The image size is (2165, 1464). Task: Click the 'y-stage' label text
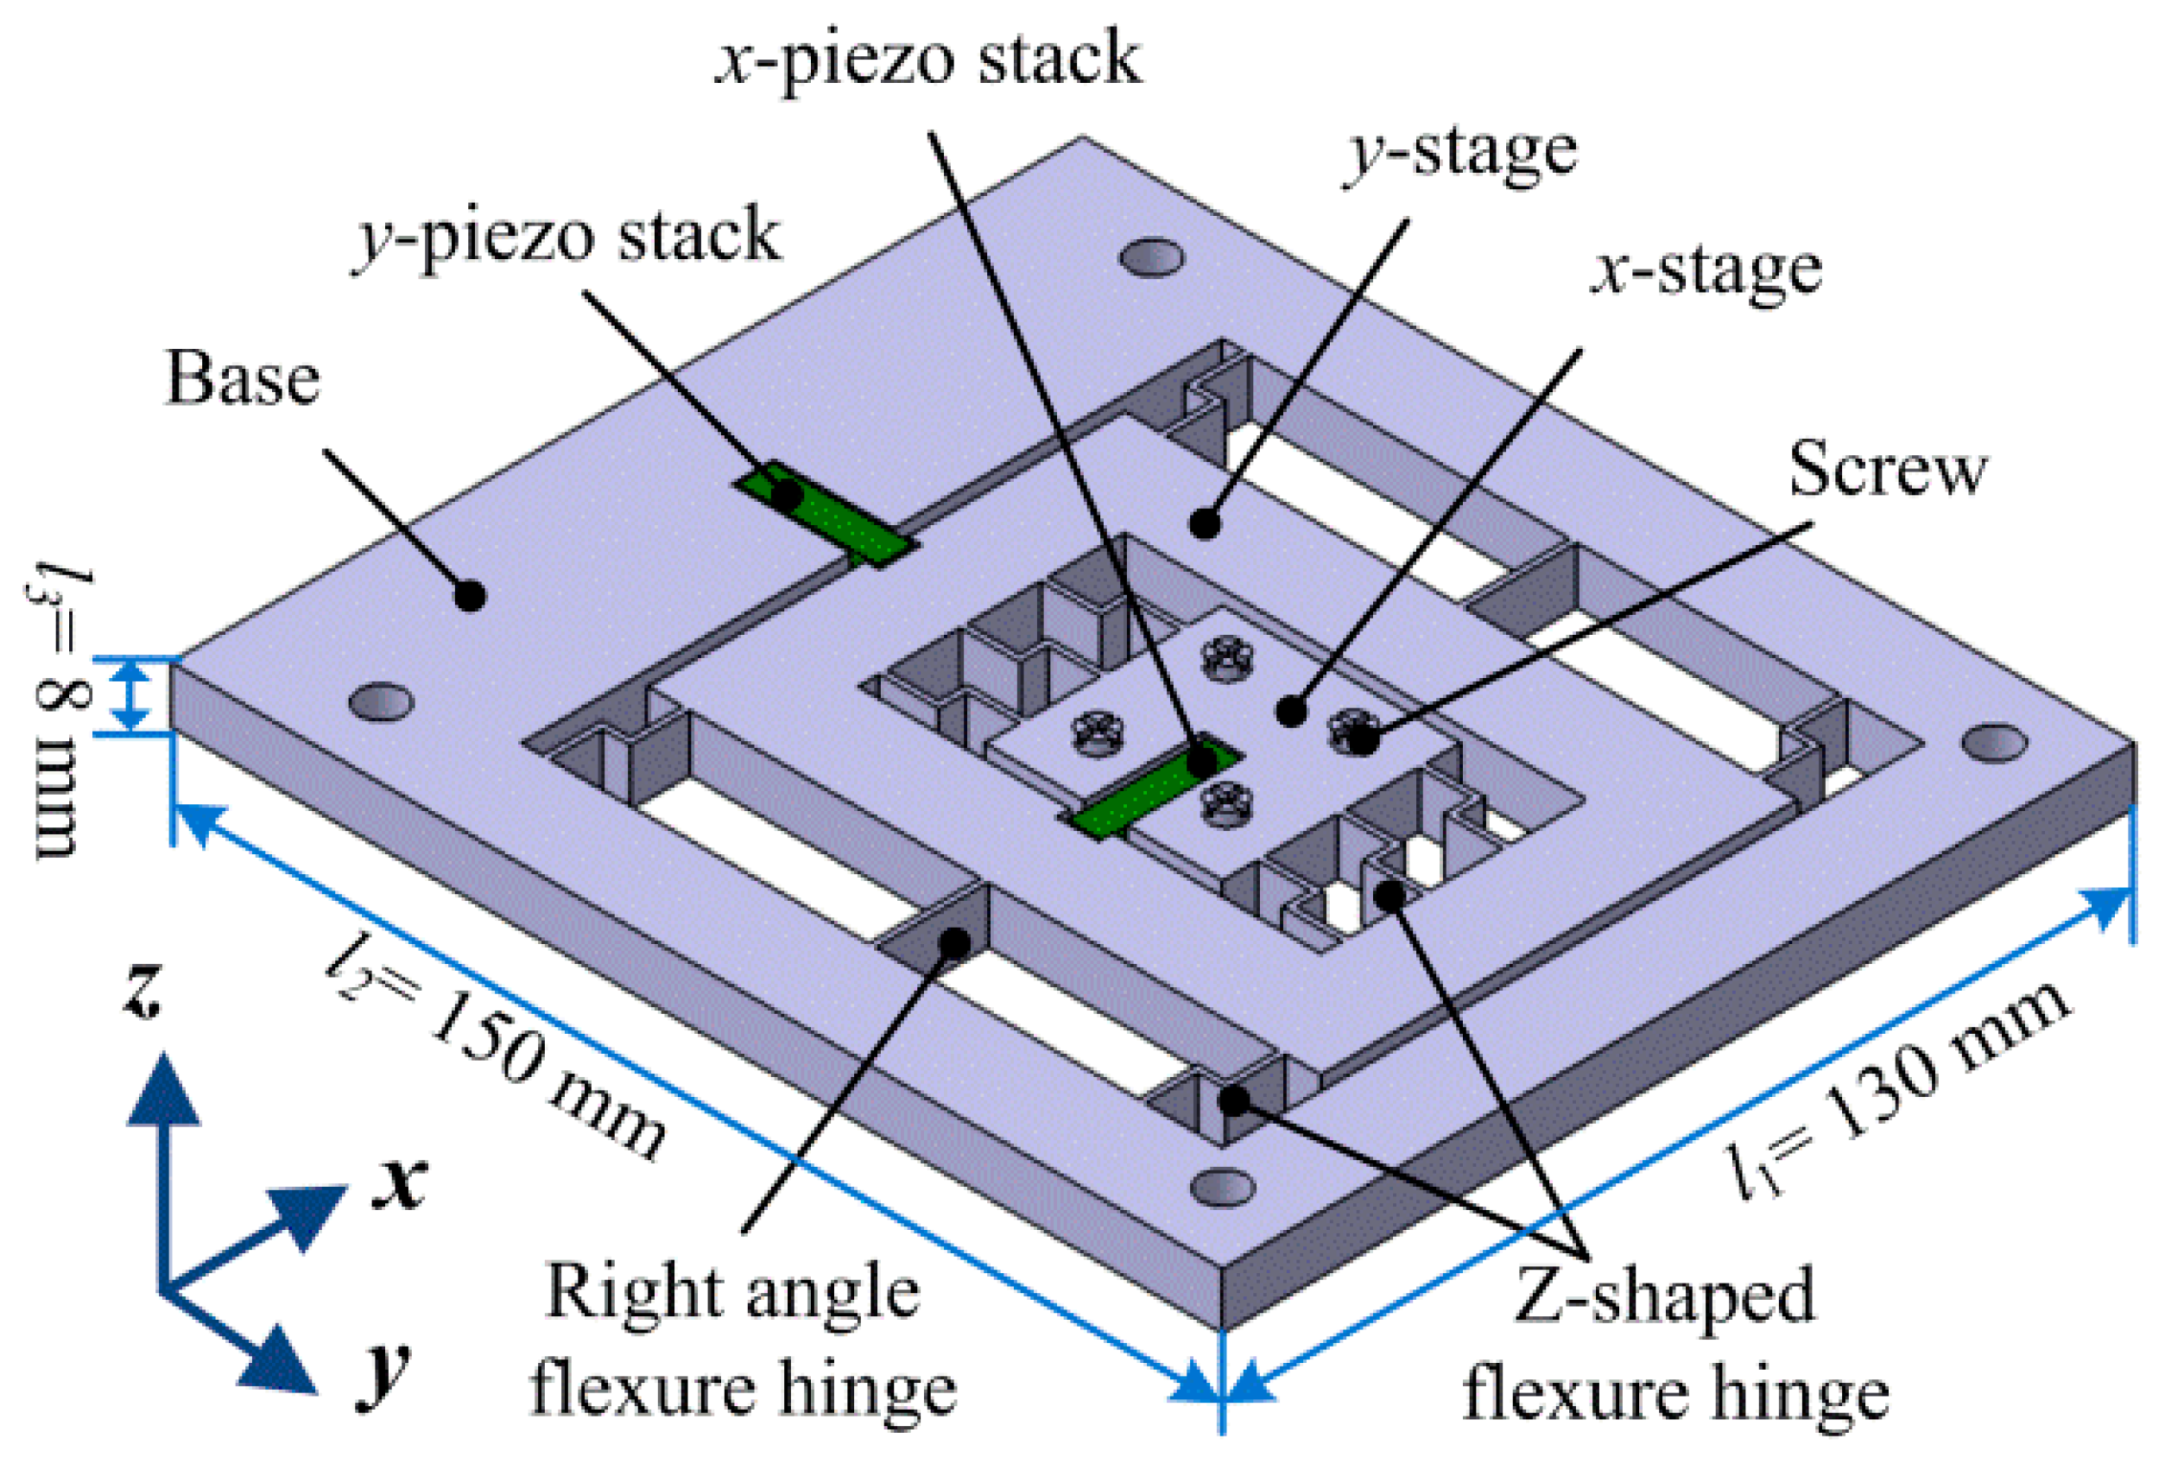point(1460,154)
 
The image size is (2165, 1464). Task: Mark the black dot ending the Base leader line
point(470,594)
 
